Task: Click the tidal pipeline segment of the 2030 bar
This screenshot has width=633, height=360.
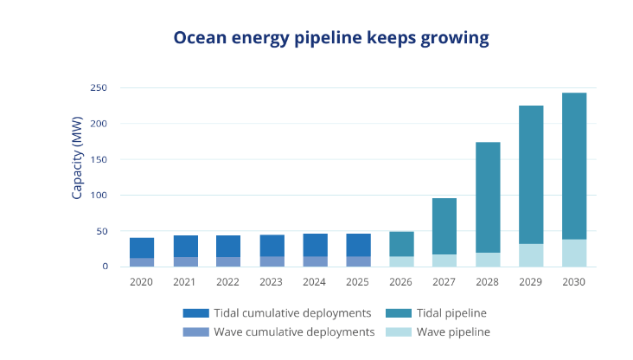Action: click(574, 166)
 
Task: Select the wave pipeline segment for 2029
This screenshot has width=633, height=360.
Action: click(531, 255)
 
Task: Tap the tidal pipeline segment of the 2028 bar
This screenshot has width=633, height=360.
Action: click(488, 197)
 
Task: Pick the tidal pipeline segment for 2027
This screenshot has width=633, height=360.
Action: click(444, 226)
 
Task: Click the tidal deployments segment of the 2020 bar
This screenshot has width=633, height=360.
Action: click(142, 247)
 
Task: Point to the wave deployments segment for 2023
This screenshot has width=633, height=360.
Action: click(272, 261)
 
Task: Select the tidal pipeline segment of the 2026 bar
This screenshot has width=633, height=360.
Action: click(402, 244)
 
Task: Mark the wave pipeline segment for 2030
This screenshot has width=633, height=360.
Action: click(574, 254)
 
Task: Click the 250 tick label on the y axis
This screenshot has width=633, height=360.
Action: click(99, 87)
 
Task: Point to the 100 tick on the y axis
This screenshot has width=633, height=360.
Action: click(99, 196)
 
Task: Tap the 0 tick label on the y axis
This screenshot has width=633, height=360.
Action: click(105, 267)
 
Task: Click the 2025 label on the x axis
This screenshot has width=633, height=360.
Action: click(357, 282)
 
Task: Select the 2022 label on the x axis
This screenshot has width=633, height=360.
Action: click(227, 282)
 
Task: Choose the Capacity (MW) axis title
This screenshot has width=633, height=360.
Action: click(77, 158)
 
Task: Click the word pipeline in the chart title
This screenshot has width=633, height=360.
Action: click(328, 38)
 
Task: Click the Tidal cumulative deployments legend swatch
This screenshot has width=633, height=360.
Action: click(195, 313)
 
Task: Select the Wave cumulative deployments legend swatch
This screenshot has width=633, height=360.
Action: click(195, 332)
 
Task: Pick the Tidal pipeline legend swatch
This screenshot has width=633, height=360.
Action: click(399, 313)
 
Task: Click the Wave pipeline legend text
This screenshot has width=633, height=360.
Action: click(453, 332)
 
